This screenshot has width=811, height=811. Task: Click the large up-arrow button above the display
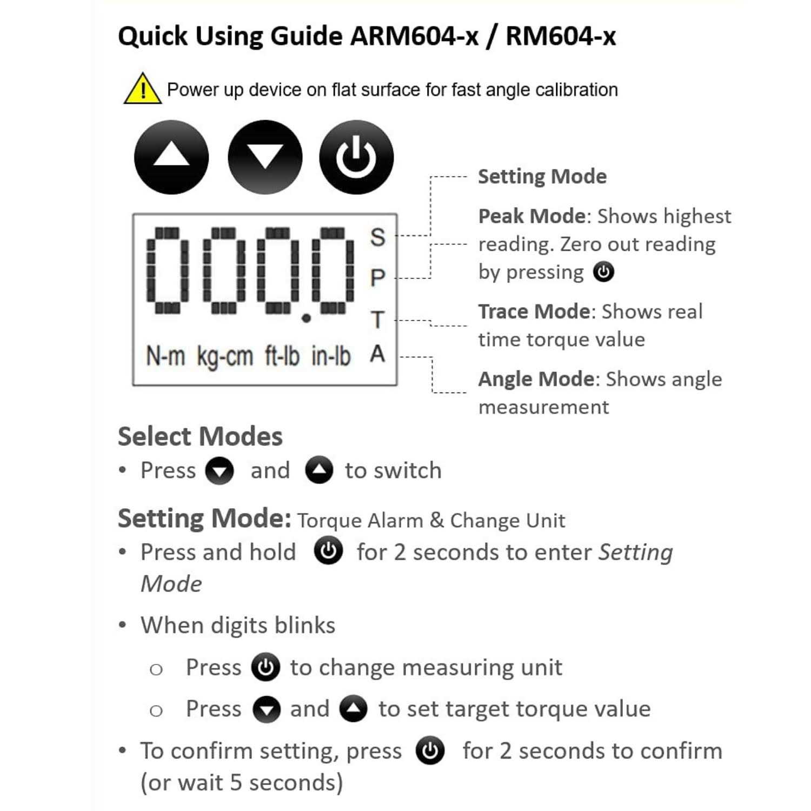pos(171,157)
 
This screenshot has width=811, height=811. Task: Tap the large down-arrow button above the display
pos(265,157)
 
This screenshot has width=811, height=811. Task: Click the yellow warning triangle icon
pos(142,89)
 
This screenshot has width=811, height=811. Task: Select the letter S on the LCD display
pos(377,237)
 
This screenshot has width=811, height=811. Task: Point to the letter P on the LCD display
pos(377,278)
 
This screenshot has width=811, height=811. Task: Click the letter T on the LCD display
pos(377,320)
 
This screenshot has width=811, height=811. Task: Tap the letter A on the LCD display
pos(377,354)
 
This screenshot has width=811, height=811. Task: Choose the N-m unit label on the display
pos(165,356)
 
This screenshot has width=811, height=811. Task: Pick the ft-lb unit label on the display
pos(282,356)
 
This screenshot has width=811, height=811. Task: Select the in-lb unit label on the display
pos(331,356)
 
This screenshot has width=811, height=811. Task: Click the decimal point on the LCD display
pos(306,318)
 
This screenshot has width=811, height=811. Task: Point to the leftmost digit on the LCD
pos(168,270)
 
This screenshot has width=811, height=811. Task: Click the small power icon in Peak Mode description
pos(603,271)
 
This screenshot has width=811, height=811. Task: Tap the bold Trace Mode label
pos(534,311)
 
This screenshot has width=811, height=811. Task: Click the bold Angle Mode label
pos(536,379)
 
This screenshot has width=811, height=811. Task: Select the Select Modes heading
pos(200,436)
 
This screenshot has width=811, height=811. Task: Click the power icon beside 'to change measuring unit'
pos(265,667)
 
